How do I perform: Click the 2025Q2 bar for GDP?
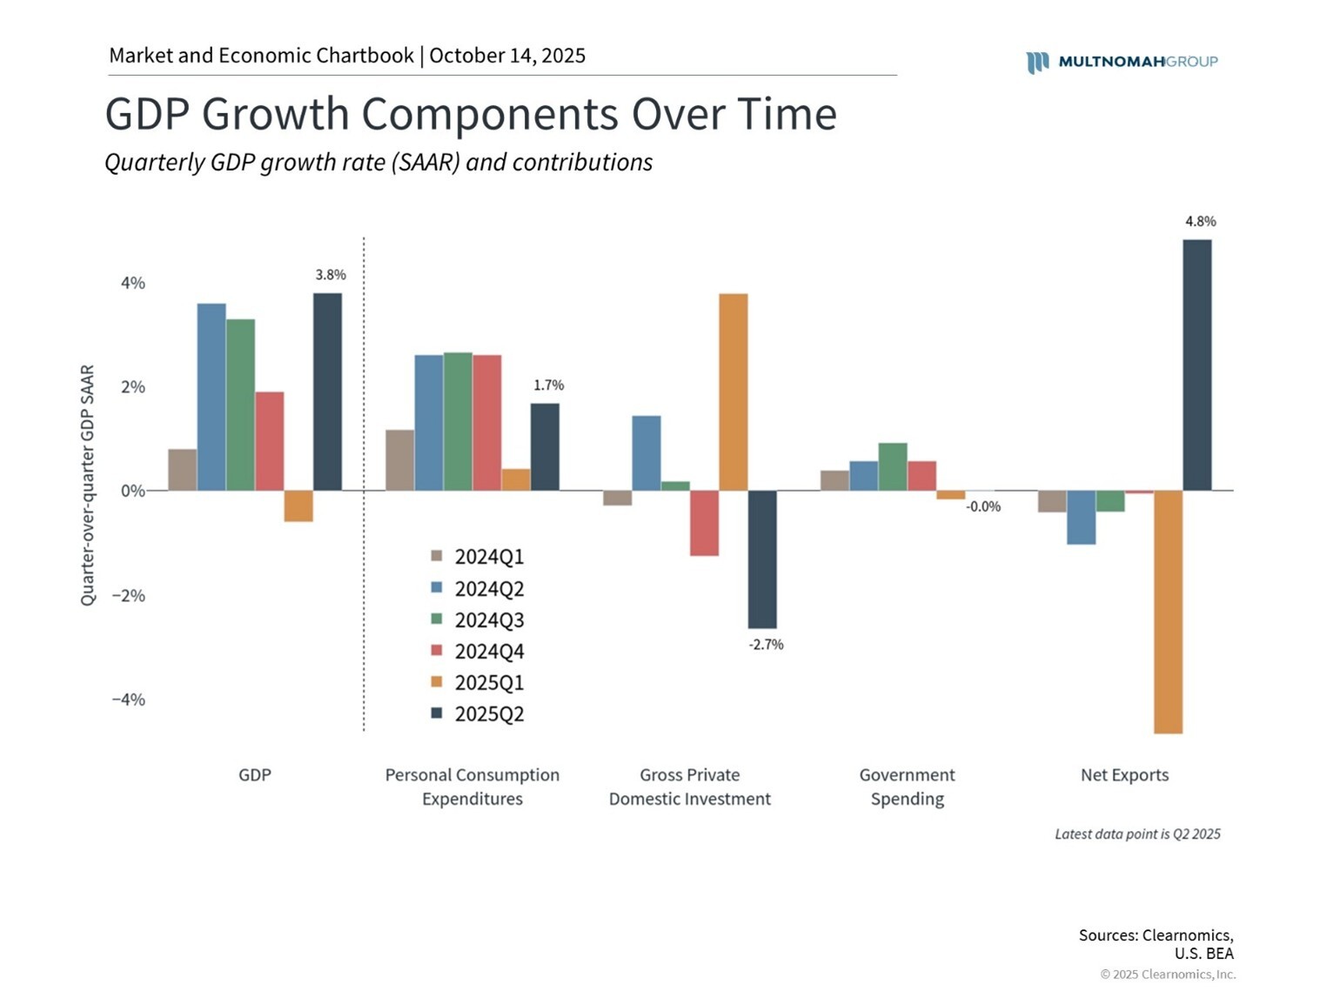coord(327,392)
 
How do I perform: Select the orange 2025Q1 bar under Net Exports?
coord(1168,612)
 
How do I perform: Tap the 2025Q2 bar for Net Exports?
coord(1196,365)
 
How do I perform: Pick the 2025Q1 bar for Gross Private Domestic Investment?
coord(733,392)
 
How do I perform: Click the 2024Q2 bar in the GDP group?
coord(211,397)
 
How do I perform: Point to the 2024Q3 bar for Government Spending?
coord(892,467)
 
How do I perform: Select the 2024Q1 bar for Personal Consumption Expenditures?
coord(399,460)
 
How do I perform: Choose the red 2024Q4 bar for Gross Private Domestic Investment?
coord(704,523)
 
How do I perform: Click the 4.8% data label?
coord(1200,222)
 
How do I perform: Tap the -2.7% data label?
coord(766,645)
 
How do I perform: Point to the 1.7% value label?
coord(548,385)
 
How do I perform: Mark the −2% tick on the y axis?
coord(128,596)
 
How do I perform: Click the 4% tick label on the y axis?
coord(132,284)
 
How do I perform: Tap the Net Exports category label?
coord(1124,775)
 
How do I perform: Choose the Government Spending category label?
coord(907,787)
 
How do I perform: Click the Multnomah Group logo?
coord(1122,62)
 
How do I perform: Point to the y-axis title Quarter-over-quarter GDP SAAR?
coord(87,486)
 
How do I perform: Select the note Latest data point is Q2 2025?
coord(1137,834)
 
